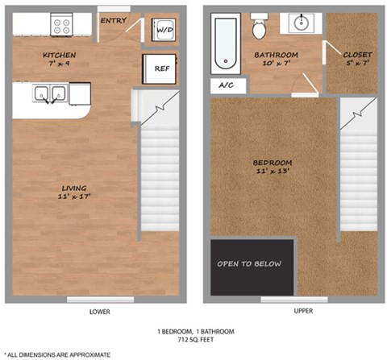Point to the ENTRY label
[112, 20]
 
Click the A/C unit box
[223, 86]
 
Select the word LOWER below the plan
[99, 312]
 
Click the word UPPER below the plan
[293, 312]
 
